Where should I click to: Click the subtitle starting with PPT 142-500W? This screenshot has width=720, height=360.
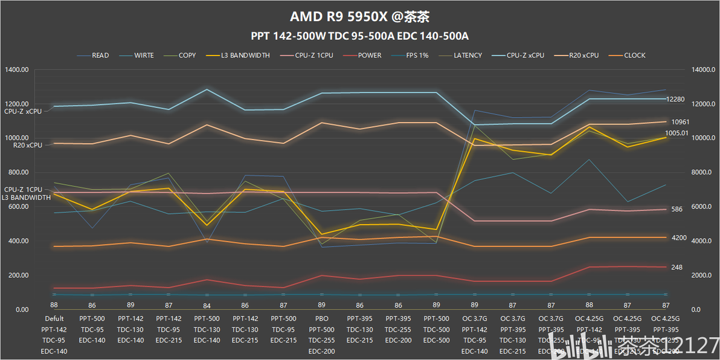(x=360, y=36)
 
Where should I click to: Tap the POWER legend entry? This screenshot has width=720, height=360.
(x=369, y=56)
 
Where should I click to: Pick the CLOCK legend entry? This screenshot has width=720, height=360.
(x=634, y=56)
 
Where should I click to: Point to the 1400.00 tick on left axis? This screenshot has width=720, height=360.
(x=17, y=70)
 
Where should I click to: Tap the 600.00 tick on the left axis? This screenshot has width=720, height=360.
(x=17, y=207)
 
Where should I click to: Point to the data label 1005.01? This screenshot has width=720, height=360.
(x=677, y=133)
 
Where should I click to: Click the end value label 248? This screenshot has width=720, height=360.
(x=677, y=268)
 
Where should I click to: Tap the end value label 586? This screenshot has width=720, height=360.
(x=677, y=210)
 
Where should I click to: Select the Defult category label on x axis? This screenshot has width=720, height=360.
(x=54, y=318)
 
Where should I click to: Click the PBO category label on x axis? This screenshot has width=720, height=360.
(x=321, y=318)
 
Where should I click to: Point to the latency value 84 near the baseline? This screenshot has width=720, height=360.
(x=207, y=306)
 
